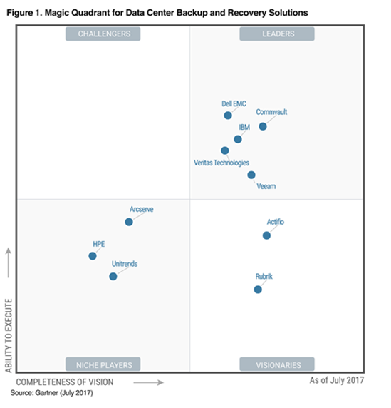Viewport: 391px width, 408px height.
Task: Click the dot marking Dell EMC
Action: pos(228,115)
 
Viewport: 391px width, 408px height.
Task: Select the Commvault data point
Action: pos(263,126)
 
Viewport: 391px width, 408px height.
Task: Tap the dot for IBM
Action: pos(238,139)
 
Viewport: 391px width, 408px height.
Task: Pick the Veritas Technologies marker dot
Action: pos(225,151)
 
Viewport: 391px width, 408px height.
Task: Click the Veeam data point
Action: pos(251,175)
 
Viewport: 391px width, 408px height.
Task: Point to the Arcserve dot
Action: pos(129,222)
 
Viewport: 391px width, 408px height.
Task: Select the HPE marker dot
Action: pos(93,255)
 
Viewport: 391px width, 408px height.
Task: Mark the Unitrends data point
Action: pos(113,276)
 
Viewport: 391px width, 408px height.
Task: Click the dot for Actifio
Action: pos(266,235)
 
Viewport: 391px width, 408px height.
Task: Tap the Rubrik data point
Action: pos(258,289)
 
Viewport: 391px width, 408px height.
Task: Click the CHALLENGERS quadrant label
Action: pos(103,34)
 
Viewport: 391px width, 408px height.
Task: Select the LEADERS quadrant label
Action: pos(277,34)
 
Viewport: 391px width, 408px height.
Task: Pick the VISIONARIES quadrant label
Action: pos(277,364)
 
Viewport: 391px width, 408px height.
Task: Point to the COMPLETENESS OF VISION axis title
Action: pos(71,382)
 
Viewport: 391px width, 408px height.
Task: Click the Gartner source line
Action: pos(51,393)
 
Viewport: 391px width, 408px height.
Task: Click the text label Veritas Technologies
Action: pos(221,163)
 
